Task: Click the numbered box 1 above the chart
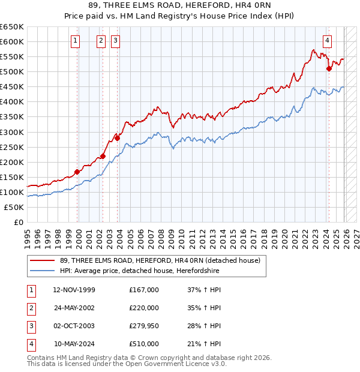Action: click(x=76, y=41)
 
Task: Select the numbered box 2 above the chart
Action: click(x=100, y=41)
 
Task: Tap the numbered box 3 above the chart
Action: click(x=115, y=41)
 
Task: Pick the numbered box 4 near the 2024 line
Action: click(x=327, y=41)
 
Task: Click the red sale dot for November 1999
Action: click(x=77, y=172)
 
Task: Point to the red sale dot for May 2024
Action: click(x=329, y=69)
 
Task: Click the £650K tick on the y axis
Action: click(x=12, y=27)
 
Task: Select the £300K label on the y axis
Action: click(x=12, y=132)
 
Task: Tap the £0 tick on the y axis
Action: click(x=18, y=222)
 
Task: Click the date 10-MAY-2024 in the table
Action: click(x=74, y=344)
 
